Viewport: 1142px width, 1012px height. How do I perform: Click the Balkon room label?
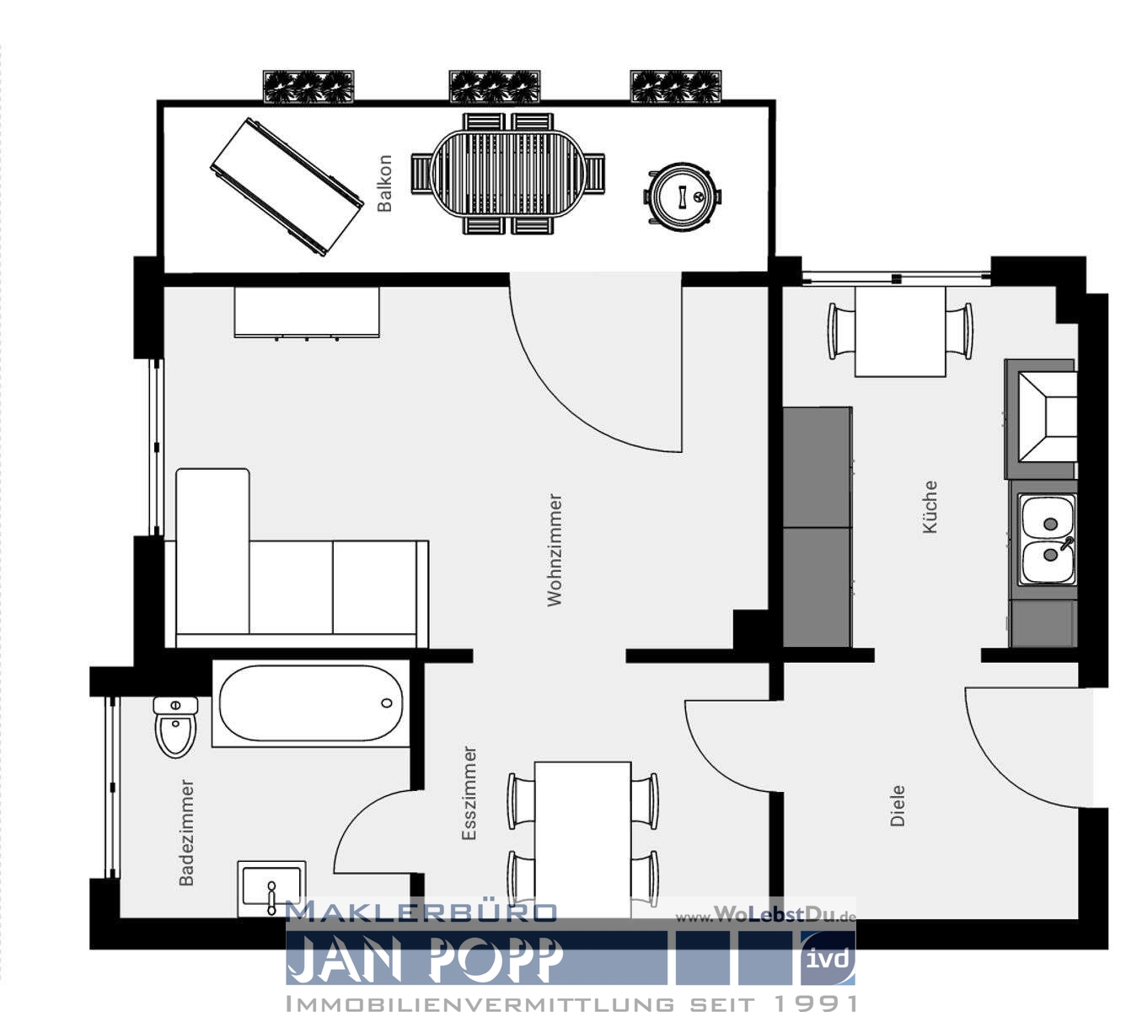pyautogui.click(x=384, y=183)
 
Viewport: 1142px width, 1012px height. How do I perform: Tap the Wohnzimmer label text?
pyautogui.click(x=554, y=550)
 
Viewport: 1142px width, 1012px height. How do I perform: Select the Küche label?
pyautogui.click(x=930, y=507)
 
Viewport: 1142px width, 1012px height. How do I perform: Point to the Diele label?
pyautogui.click(x=898, y=805)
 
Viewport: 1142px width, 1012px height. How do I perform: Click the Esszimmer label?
pyautogui.click(x=469, y=794)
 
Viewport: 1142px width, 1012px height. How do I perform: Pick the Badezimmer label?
pyautogui.click(x=186, y=832)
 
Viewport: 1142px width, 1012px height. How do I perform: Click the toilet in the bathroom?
pyautogui.click(x=175, y=726)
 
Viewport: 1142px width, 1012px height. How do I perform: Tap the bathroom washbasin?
pyautogui.click(x=271, y=888)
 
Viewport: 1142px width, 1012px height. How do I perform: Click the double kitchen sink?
pyautogui.click(x=1047, y=540)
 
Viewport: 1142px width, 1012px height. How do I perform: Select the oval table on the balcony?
pyautogui.click(x=507, y=175)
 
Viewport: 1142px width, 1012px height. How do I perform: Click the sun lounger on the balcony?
pyautogui.click(x=286, y=187)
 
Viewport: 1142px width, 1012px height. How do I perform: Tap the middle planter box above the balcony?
pyautogui.click(x=494, y=87)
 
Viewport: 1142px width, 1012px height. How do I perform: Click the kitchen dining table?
pyautogui.click(x=900, y=331)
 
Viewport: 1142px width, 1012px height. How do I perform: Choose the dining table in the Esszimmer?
pyautogui.click(x=582, y=831)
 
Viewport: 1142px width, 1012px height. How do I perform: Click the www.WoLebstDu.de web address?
pyautogui.click(x=765, y=916)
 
